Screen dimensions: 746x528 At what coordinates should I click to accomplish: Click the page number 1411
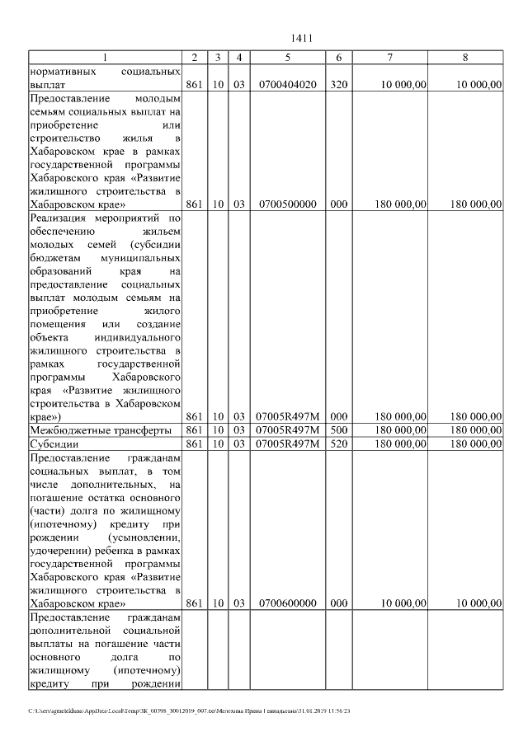point(302,38)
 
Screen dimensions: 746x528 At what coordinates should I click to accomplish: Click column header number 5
point(287,57)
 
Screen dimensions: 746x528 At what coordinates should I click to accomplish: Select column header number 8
point(466,57)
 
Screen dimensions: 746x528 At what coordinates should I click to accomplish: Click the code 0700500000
point(287,204)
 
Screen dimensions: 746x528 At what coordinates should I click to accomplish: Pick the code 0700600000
point(287,603)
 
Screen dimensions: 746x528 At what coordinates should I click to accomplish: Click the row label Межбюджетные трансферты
point(100,430)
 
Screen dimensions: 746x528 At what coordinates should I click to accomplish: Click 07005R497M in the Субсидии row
point(287,443)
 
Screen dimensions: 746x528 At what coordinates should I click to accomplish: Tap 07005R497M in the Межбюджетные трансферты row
point(287,430)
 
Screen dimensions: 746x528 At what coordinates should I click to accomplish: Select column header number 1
point(105,57)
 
